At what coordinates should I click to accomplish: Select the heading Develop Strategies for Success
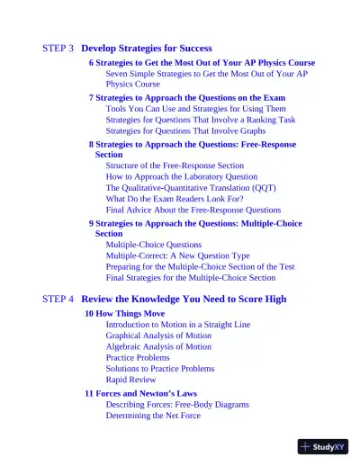point(147,48)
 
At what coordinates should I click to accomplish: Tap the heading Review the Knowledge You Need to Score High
point(184,299)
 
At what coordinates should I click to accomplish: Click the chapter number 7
point(91,97)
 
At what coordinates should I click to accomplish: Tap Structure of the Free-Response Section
point(175,166)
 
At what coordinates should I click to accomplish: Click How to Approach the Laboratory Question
point(181,176)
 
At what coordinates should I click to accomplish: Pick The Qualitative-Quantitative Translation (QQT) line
point(191,188)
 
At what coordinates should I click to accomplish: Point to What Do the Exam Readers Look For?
point(175,199)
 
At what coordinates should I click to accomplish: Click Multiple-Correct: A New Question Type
point(178,255)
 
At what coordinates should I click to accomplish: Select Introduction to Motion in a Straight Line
point(178,324)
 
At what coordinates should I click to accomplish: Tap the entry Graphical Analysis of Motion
point(158,336)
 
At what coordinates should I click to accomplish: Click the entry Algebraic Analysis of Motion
point(158,346)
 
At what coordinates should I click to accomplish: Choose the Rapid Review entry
point(130,380)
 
